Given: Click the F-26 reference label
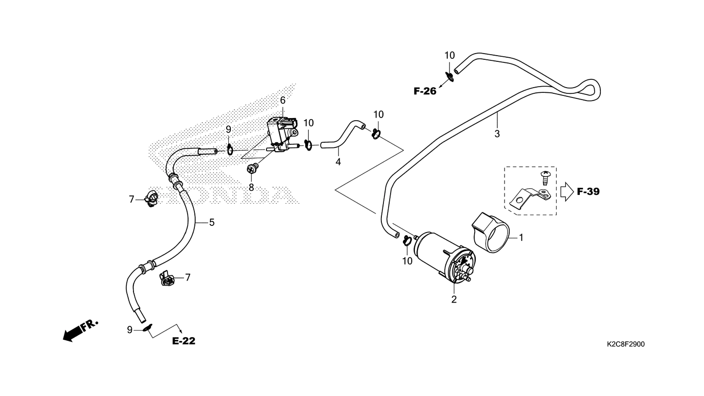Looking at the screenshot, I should click(425, 92).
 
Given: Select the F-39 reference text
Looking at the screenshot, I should click(588, 192).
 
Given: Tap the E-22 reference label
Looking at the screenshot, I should click(183, 341).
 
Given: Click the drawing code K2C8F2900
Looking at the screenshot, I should click(625, 344).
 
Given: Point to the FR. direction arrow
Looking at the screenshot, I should click(79, 330).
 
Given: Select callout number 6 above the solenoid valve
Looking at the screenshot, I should click(282, 100).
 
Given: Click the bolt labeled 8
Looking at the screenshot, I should click(253, 168).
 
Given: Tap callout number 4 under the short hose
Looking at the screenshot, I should click(338, 162).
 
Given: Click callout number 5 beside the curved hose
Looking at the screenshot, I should click(211, 223).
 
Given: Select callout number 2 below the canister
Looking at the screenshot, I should click(454, 299).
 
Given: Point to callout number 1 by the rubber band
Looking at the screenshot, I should click(521, 238).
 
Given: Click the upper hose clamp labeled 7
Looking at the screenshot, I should click(152, 198).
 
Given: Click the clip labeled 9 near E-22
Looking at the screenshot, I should click(146, 328).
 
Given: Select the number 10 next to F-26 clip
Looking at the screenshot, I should click(449, 55).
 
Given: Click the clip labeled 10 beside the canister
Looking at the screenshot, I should click(407, 240).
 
